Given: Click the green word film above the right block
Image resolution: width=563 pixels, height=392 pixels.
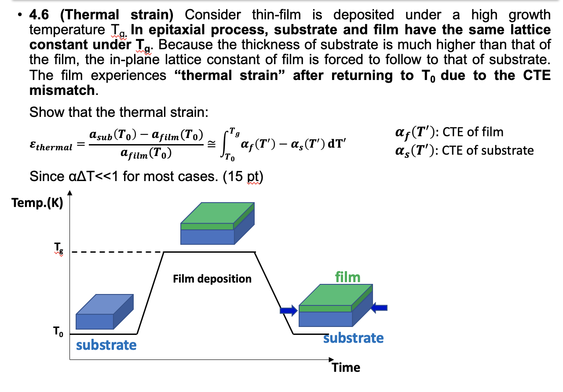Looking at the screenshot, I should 347,277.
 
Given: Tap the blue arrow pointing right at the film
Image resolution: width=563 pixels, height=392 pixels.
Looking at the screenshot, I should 289,311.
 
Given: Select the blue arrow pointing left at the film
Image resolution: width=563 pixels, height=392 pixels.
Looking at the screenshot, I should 379,308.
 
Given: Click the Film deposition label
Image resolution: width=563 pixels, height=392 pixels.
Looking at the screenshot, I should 212,279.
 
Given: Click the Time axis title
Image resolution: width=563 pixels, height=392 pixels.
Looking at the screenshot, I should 346,367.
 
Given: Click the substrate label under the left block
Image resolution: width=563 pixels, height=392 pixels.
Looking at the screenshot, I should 106,345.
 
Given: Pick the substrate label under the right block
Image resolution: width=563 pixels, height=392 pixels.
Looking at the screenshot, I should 353,338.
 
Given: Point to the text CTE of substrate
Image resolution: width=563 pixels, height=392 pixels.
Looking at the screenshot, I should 488,150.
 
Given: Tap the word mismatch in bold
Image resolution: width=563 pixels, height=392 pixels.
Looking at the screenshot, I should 62,91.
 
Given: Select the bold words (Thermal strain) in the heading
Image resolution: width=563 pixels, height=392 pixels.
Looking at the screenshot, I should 117,15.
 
